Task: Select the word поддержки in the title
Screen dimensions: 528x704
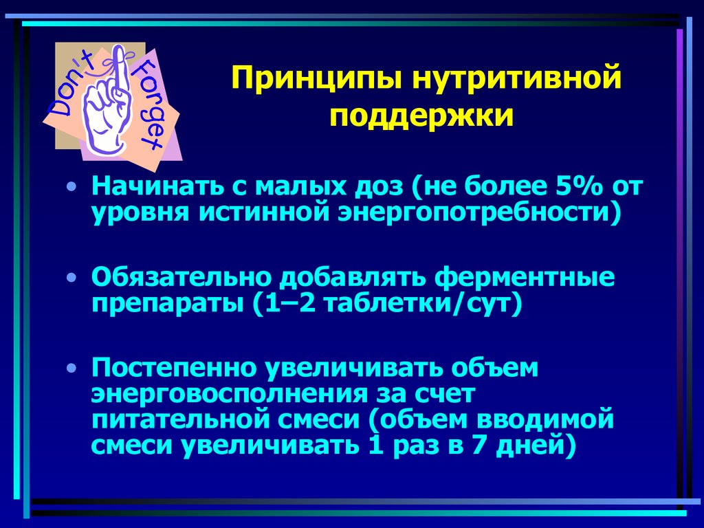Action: (421, 116)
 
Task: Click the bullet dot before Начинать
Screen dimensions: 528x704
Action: (74, 187)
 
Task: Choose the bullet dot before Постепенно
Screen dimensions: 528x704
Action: (74, 368)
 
